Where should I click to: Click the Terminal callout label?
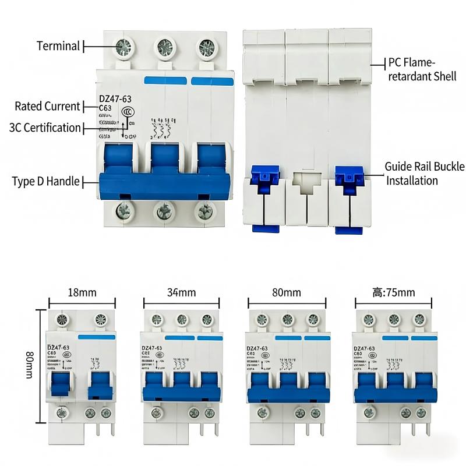[x=58, y=45]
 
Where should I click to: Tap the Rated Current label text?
[x=47, y=106]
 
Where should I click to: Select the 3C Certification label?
[x=45, y=128]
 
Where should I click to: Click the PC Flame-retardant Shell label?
[x=422, y=69]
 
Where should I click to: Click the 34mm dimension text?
[x=182, y=292]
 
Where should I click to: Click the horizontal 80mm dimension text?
[x=287, y=292]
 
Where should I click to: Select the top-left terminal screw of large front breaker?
[x=124, y=47]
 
